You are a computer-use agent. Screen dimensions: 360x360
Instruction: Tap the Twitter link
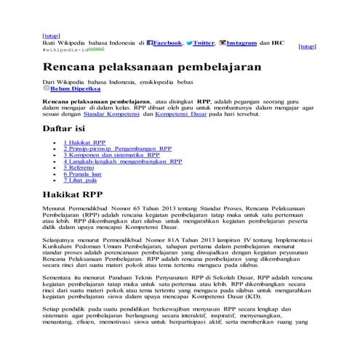point(204,43)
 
